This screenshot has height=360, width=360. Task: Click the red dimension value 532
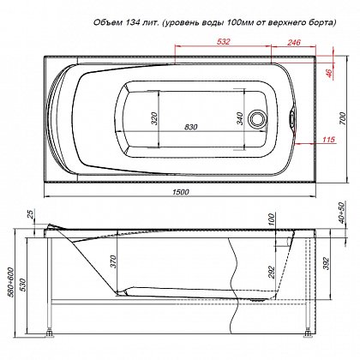click(x=223, y=42)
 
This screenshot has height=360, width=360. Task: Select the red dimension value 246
click(x=294, y=42)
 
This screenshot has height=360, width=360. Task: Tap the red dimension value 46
click(x=329, y=73)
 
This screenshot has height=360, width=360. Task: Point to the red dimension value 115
click(x=328, y=140)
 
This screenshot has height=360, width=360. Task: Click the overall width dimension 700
click(x=344, y=118)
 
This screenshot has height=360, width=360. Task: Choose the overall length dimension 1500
click(x=181, y=192)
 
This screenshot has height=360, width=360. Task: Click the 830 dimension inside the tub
click(x=190, y=127)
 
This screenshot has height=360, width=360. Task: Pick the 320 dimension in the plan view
click(x=154, y=118)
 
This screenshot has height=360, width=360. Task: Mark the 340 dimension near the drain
click(x=240, y=118)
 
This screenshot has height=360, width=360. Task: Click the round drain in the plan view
click(x=256, y=118)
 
